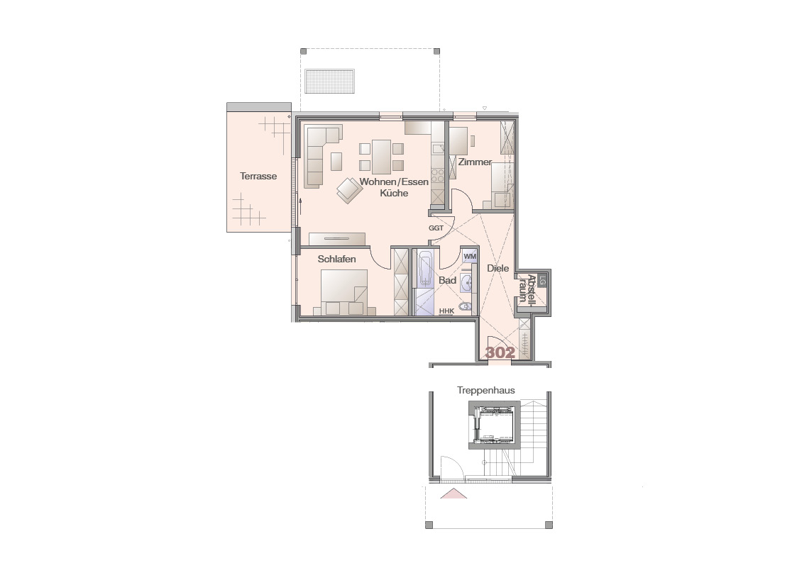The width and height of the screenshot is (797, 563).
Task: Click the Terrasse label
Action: (x=258, y=176)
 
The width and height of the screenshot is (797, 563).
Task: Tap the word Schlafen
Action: (x=336, y=259)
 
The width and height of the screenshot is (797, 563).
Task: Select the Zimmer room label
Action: (x=475, y=162)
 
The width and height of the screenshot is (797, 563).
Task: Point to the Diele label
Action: (x=498, y=268)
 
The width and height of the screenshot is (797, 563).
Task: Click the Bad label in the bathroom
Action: (x=447, y=280)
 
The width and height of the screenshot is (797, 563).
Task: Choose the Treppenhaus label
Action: (x=486, y=391)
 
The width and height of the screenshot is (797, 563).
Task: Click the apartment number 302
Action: (x=500, y=352)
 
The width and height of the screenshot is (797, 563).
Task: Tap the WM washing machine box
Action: (x=470, y=257)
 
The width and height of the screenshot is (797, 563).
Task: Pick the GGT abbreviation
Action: (x=436, y=228)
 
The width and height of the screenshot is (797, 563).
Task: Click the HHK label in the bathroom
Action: (x=446, y=311)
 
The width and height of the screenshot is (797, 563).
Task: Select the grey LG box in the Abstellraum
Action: (x=542, y=280)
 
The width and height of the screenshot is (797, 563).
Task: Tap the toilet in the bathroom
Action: (x=465, y=306)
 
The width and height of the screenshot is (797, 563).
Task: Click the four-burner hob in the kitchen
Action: (x=438, y=176)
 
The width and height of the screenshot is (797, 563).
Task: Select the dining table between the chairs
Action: (x=381, y=157)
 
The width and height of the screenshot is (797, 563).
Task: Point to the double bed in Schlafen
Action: (x=344, y=292)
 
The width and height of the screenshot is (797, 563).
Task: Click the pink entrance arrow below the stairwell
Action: (x=454, y=494)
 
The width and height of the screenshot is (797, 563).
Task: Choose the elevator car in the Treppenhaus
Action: (x=493, y=425)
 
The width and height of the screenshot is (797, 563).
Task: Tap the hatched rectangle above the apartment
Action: (x=330, y=82)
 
